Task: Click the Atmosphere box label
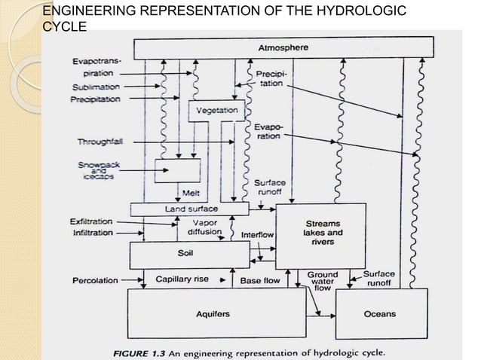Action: click(283, 47)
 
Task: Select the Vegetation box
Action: click(216, 111)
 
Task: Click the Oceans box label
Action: click(379, 313)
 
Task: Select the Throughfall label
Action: click(97, 142)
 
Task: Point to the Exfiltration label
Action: click(91, 222)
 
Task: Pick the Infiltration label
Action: click(91, 233)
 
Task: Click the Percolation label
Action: click(95, 281)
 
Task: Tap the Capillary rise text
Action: click(182, 279)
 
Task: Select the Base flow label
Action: click(260, 280)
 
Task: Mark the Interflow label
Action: click(257, 235)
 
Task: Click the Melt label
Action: click(180, 194)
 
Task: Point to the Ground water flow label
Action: click(322, 281)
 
